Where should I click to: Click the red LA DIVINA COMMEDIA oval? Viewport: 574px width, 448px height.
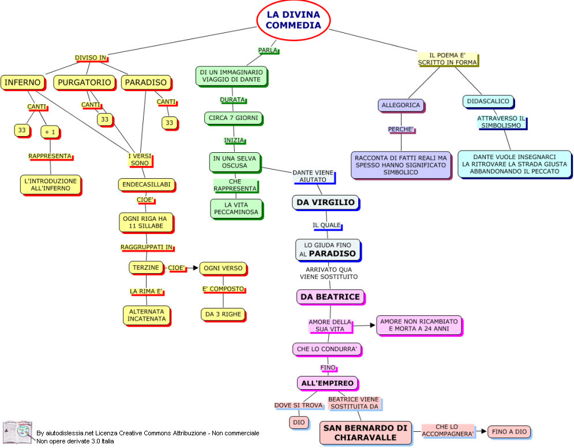point(293,20)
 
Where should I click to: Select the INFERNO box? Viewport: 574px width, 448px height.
point(22,82)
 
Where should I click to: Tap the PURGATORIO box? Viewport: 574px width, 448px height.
point(84,82)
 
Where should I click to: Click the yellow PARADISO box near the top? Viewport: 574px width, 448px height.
point(146,82)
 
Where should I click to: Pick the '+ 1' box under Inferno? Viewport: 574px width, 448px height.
point(50,132)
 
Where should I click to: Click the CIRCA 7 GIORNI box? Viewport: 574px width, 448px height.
point(232,118)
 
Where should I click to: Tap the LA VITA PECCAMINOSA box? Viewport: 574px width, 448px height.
point(235,209)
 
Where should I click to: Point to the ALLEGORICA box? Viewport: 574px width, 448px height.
point(401,105)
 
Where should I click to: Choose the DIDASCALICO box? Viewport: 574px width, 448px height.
point(488,101)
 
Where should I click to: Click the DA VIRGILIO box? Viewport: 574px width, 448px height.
point(326,202)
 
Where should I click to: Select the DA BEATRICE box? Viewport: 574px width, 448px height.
point(330,297)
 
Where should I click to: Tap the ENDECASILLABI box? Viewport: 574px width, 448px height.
point(146,185)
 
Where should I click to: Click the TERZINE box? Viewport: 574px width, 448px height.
point(145,268)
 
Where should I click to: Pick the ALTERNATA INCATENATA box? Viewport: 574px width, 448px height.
point(147,315)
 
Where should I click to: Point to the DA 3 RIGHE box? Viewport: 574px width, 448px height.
point(223,314)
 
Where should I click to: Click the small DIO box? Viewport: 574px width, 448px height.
point(298,423)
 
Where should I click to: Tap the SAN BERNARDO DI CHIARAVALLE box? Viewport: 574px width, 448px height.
point(365,432)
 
